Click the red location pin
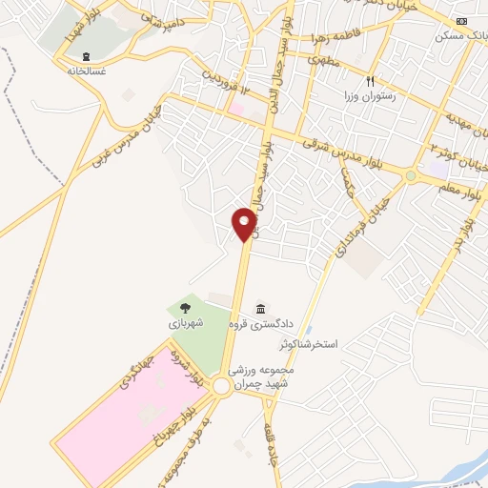[x=245, y=223]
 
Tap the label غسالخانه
[x=87, y=71]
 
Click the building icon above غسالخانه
[x=87, y=56]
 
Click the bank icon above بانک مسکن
[x=462, y=21]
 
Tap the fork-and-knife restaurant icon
[x=372, y=82]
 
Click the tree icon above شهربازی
[x=185, y=308]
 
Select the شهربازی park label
[x=187, y=324]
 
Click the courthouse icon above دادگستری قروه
[x=261, y=308]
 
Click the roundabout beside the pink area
[x=222, y=386]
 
